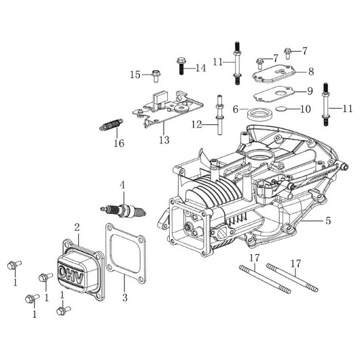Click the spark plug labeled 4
[123, 211]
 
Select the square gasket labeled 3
[126, 253]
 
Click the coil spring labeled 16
[111, 124]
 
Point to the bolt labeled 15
[156, 76]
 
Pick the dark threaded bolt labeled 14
[181, 66]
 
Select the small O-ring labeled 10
[281, 109]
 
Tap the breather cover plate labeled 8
[274, 74]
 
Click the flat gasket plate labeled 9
[273, 94]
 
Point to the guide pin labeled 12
[219, 115]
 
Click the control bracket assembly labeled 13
[168, 109]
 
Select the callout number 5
[328, 221]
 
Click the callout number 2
[77, 228]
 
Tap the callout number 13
[164, 140]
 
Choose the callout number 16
[119, 143]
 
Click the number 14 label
[201, 68]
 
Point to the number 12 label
[197, 125]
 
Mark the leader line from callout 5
[312, 221]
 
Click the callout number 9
[310, 91]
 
